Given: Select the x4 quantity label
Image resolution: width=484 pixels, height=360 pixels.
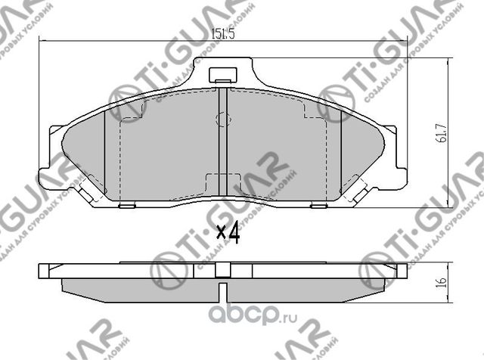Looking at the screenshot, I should coord(227,234).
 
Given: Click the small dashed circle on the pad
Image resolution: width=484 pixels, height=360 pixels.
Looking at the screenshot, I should coord(222,119).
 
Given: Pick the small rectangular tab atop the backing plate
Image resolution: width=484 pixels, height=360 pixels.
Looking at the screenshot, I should coord(222,76).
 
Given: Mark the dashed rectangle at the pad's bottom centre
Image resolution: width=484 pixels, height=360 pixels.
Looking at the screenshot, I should coord(222,185).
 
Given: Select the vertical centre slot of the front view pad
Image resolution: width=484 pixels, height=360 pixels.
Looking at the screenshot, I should coord(222,144).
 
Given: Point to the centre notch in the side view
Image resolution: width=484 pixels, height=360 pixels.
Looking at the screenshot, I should coord(222,290).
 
